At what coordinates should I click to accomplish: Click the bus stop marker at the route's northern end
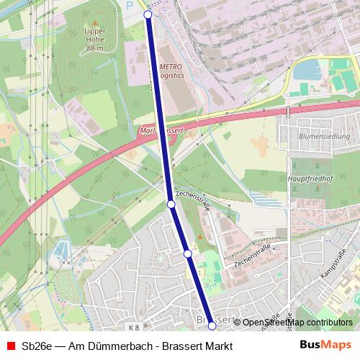(x=148, y=14)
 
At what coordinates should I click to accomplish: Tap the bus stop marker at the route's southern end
(x=212, y=326)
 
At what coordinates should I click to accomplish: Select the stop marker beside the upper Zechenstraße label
(x=171, y=204)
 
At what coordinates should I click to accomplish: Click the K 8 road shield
(x=132, y=328)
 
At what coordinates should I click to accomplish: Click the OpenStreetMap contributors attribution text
(x=297, y=323)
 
